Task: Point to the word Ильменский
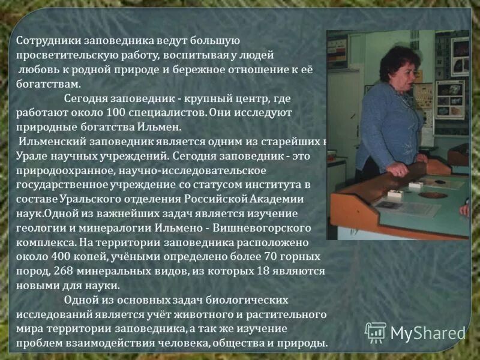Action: pos(53,142)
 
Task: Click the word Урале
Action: pos(29,156)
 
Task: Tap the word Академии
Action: pos(281,199)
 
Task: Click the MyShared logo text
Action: pos(427,334)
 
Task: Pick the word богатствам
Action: pos(47,83)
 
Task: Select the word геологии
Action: pos(38,228)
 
